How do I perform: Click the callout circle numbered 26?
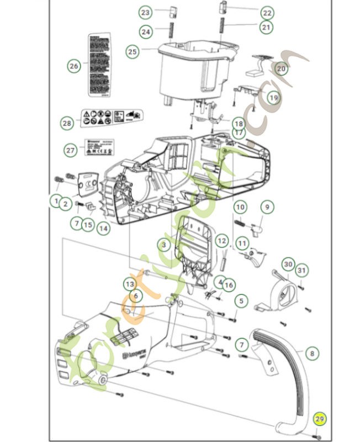74,66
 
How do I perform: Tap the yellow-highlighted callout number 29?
320,419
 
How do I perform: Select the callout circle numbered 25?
133,52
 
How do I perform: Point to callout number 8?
312,352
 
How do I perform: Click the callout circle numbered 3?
164,244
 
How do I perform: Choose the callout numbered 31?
300,270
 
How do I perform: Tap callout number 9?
267,207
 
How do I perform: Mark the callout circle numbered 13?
129,283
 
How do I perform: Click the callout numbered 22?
267,12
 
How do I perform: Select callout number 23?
145,12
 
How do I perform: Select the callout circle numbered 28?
67,123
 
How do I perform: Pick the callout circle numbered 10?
240,207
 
